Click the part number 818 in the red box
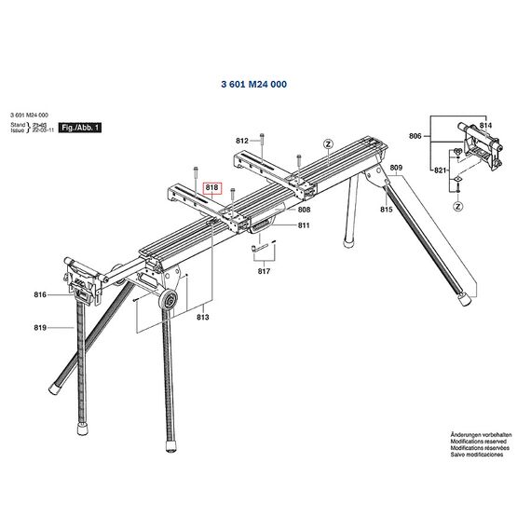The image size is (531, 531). (211, 187)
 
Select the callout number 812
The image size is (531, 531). (242, 141)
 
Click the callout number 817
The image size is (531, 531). (265, 271)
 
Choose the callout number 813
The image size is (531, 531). (203, 318)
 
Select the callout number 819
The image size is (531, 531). (40, 327)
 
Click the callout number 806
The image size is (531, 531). (415, 136)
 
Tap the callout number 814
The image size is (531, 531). (484, 125)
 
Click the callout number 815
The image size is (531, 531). (386, 211)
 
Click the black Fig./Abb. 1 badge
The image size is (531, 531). (79, 126)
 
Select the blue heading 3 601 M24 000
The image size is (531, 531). (253, 85)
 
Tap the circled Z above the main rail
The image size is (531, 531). (327, 144)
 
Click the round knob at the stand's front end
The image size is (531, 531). (170, 299)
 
